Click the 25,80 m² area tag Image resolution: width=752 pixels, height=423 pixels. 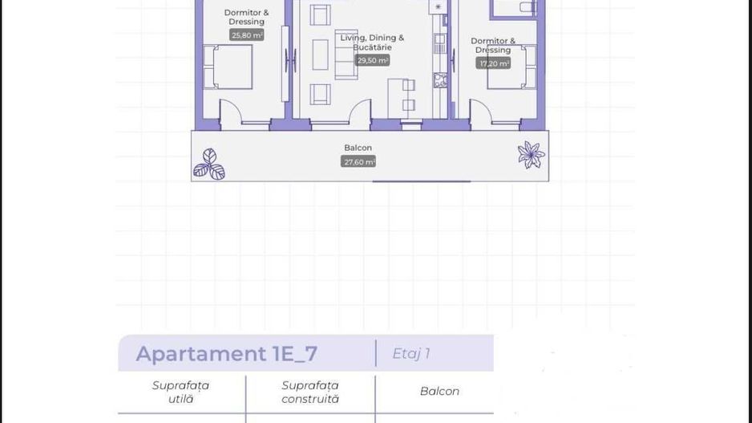click(246, 35)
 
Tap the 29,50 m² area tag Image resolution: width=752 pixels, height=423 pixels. click(372, 60)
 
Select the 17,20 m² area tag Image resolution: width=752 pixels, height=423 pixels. click(493, 63)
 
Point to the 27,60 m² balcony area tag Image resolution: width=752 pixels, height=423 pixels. click(358, 161)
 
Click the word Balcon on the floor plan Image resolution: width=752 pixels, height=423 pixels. click(358, 148)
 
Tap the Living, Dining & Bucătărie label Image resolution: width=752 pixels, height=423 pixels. click(372, 43)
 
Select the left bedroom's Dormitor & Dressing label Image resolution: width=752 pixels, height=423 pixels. click(246, 17)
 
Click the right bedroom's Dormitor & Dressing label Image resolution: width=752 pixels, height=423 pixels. click(493, 45)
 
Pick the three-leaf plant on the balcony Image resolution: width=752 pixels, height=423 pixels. click(209, 165)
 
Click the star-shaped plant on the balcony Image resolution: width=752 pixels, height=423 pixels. click(530, 154)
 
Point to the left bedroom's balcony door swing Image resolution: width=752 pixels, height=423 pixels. click(231, 113)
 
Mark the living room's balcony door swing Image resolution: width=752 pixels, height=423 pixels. click(360, 113)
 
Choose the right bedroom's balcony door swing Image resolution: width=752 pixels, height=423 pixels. click(481, 113)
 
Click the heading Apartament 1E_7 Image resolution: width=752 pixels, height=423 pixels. click(227, 353)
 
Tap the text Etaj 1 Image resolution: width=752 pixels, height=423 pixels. click(411, 353)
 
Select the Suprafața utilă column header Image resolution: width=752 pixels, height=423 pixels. click(180, 392)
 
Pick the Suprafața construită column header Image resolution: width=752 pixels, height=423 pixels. click(310, 392)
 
